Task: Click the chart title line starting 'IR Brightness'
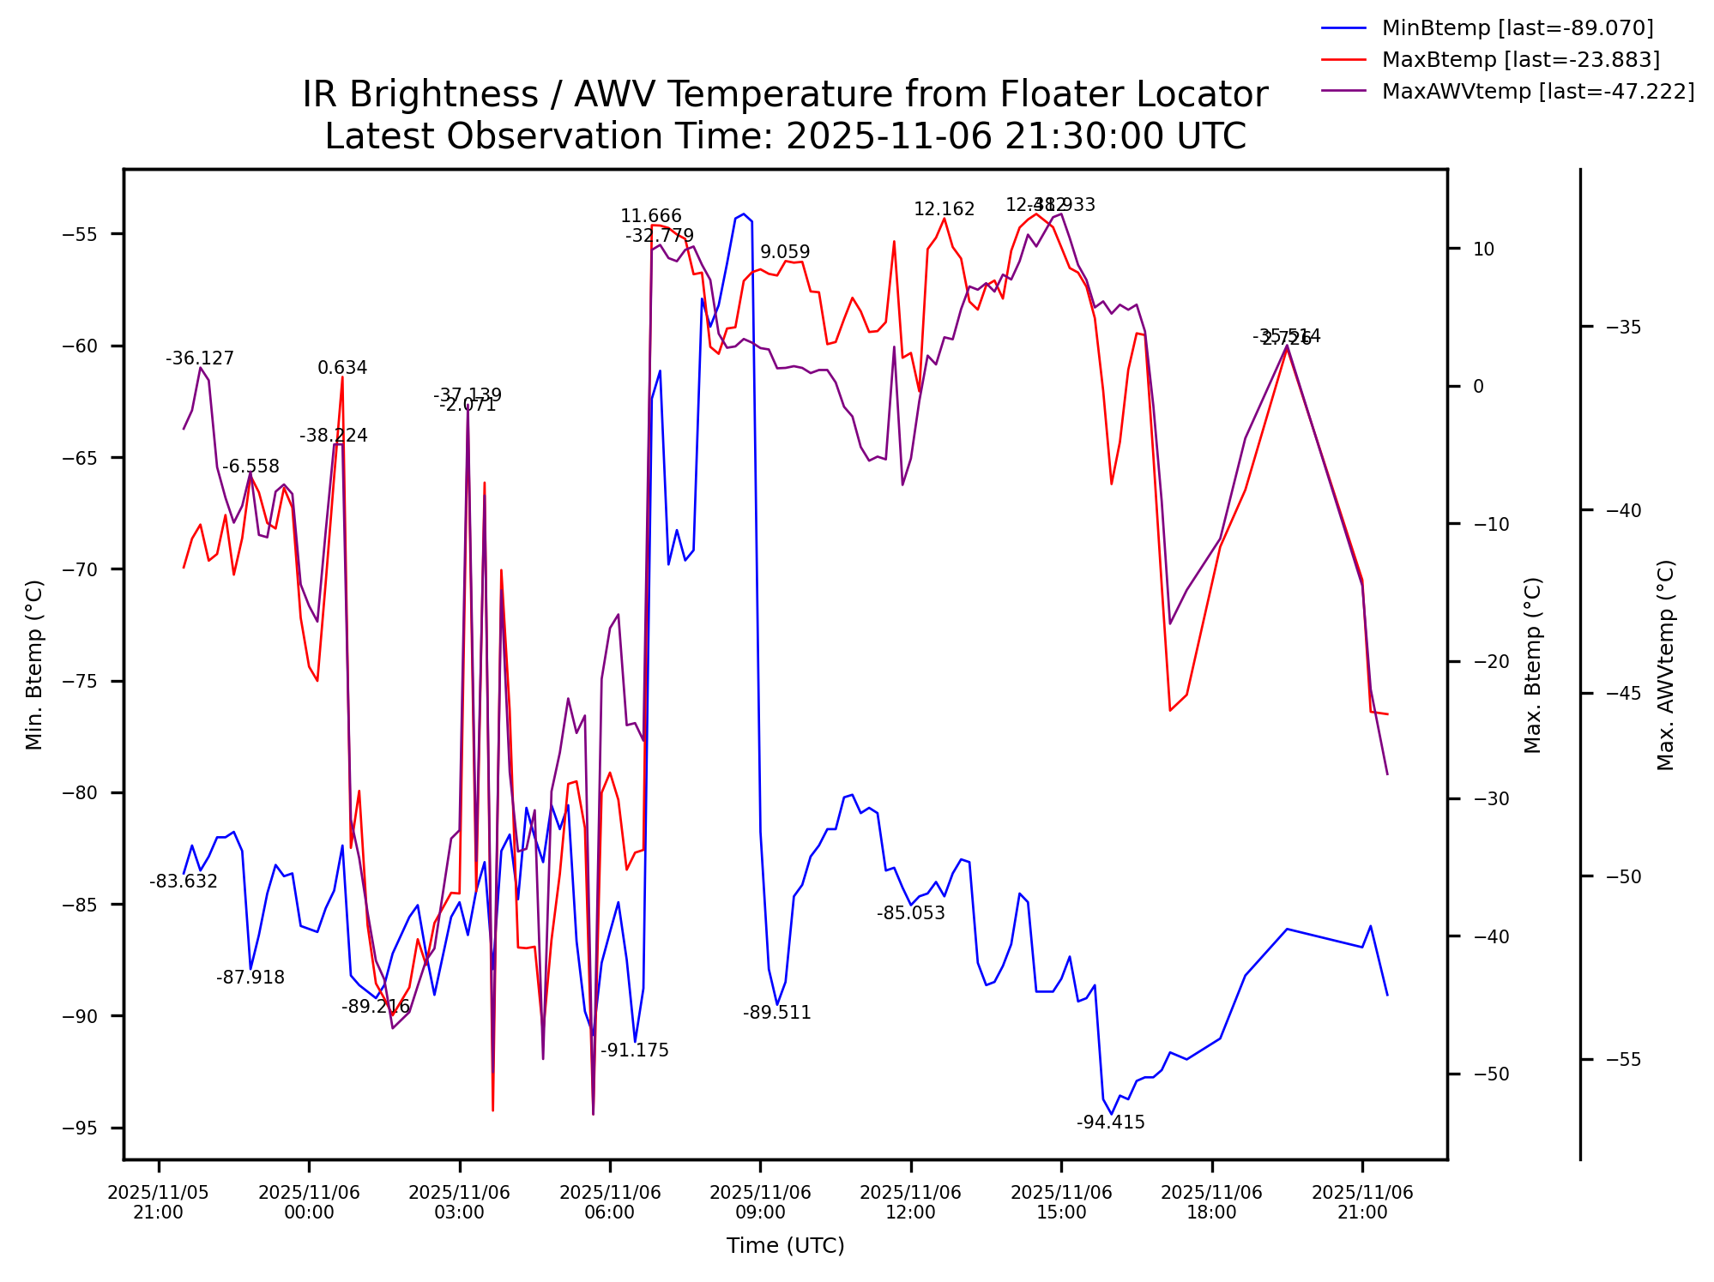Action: (785, 94)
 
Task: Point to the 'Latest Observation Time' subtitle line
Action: (785, 136)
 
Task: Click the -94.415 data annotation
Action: (1110, 1123)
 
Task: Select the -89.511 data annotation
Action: (776, 1013)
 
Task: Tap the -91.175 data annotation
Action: (634, 1050)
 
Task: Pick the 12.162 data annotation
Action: (944, 209)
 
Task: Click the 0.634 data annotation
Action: (342, 368)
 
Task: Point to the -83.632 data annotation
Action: (183, 882)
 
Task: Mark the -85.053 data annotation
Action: (910, 913)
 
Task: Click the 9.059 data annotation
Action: (785, 252)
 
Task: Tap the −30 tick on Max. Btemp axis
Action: (1490, 799)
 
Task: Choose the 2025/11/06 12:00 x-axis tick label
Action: (910, 1202)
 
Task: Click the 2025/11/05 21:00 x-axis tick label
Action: (158, 1202)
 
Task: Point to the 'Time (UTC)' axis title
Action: (785, 1246)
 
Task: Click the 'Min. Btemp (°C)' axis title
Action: (34, 665)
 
